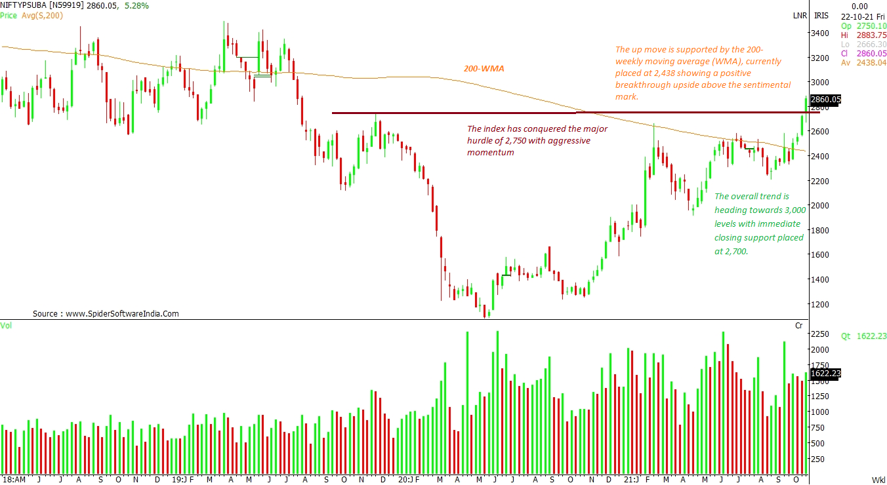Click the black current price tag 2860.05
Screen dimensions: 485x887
825,100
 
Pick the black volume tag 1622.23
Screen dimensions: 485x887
825,374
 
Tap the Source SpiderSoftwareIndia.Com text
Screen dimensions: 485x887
106,314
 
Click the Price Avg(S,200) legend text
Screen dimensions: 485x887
31,15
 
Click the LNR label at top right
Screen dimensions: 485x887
800,15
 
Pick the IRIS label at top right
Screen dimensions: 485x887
821,15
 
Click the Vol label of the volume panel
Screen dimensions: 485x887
6,325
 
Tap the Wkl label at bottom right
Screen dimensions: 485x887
878,480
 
